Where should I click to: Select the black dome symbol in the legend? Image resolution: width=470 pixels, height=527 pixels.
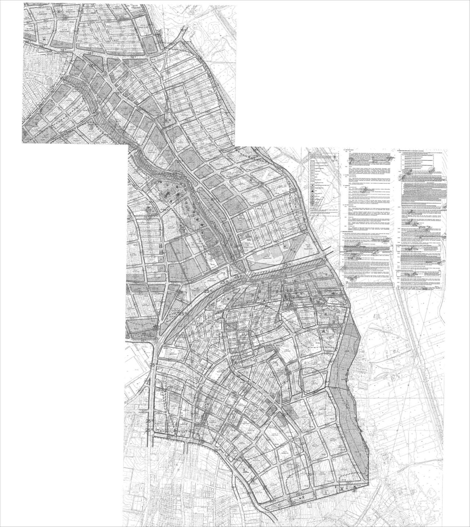click(x=312, y=191)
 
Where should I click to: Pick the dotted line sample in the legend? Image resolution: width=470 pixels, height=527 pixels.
click(x=312, y=165)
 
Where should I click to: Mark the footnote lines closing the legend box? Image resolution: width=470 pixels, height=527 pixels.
click(x=323, y=212)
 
